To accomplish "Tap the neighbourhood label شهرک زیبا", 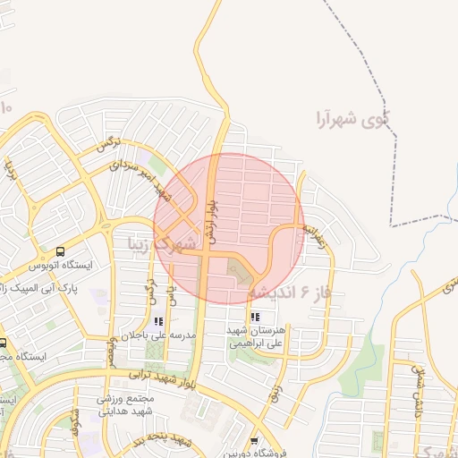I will pyautogui.click(x=159, y=244).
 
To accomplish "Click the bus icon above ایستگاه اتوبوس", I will pyautogui.click(x=60, y=252).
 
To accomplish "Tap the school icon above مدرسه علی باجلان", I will pyautogui.click(x=158, y=321).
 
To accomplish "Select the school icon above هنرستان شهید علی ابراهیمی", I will pyautogui.click(x=255, y=316).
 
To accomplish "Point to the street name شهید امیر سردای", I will pyautogui.click(x=142, y=179).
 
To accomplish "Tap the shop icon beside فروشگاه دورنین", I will pyautogui.click(x=254, y=440).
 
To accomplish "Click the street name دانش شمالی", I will pyautogui.click(x=415, y=388).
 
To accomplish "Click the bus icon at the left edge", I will pyautogui.click(x=3, y=342).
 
